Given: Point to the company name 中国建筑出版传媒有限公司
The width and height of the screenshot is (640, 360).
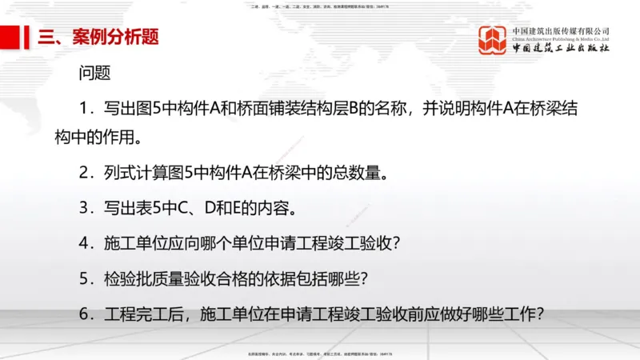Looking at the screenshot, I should pyautogui.click(x=561, y=30).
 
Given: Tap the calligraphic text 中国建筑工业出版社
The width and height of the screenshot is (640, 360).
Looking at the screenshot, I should pyautogui.click(x=561, y=48).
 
